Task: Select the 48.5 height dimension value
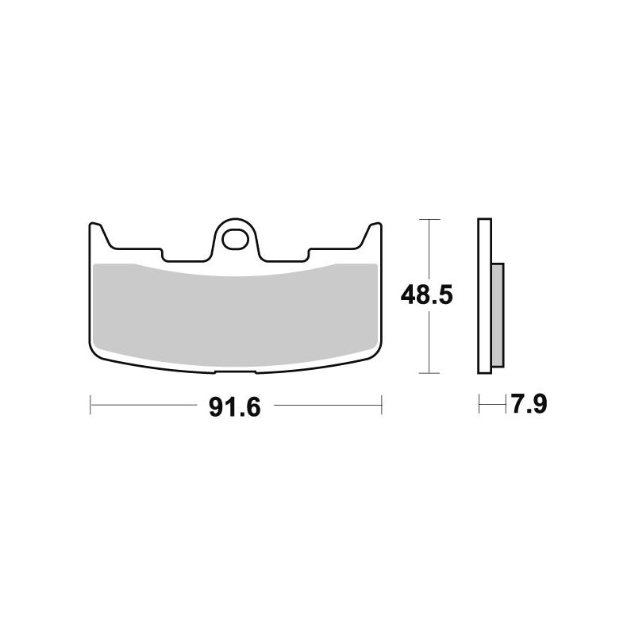pyautogui.click(x=426, y=296)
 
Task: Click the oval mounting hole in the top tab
pyautogui.click(x=234, y=237)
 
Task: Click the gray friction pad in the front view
pyautogui.click(x=234, y=314)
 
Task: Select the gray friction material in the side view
pyautogui.click(x=497, y=314)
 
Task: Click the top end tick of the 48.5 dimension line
pyautogui.click(x=429, y=219)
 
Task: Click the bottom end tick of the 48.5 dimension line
pyautogui.click(x=429, y=372)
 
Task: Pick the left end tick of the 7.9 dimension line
pyautogui.click(x=479, y=405)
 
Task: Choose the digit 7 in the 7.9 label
pyautogui.click(x=518, y=406)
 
